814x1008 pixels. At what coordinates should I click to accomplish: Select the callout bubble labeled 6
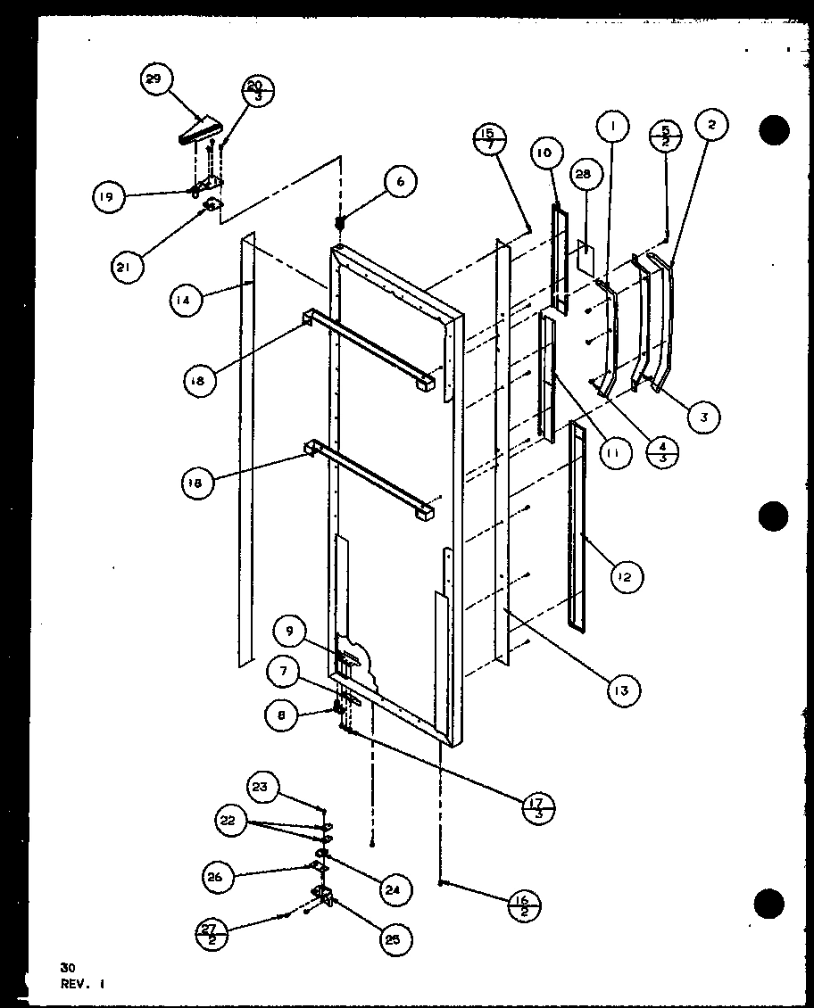coord(400,181)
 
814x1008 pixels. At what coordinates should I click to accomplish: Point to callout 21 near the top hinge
coord(128,266)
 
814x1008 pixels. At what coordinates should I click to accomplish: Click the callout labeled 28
coord(583,176)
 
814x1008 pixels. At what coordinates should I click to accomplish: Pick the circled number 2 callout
coord(711,126)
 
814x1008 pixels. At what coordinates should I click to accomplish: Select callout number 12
coord(624,577)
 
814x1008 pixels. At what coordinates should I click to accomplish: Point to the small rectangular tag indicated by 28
coord(586,258)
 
